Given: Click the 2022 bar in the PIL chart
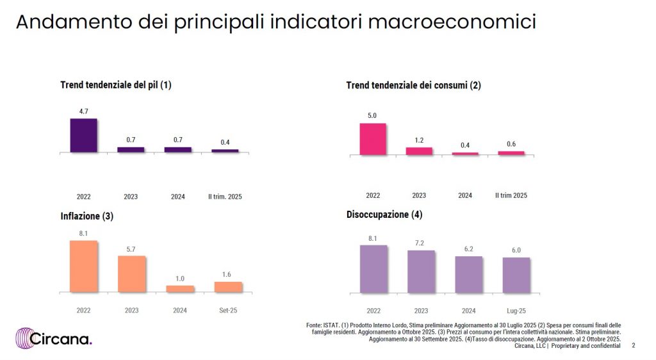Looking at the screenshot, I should pos(83,135).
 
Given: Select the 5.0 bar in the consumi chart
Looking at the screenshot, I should pos(373,139).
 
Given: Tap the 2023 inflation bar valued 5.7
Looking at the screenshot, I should pos(131,274).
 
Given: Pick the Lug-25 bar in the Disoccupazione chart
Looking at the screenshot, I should pos(516,275).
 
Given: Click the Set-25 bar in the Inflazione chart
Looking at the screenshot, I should pos(228,287).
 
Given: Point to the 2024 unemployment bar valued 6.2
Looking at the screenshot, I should pos(469,275).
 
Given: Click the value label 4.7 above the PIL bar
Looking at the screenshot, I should pos(83,111).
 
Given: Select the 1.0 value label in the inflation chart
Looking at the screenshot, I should pos(180,278).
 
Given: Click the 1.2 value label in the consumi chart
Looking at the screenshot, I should pos(419,140).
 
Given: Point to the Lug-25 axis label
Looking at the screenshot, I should pos(516,311).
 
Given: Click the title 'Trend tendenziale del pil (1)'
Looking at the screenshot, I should pos(116,85).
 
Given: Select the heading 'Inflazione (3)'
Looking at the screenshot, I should pos(86,217).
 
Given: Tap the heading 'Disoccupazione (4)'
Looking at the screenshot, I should pos(384,215).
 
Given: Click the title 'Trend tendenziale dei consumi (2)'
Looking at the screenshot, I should pos(413,85).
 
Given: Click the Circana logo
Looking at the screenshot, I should pos(54,338).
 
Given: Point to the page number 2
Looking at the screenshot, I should pos(634,346).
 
